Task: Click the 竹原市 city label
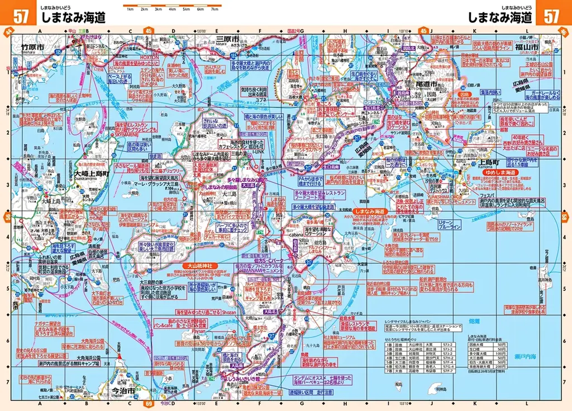(32, 47)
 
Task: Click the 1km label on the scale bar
(130, 10)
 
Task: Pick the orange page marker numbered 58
(564, 216)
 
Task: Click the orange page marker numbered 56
(7, 216)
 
